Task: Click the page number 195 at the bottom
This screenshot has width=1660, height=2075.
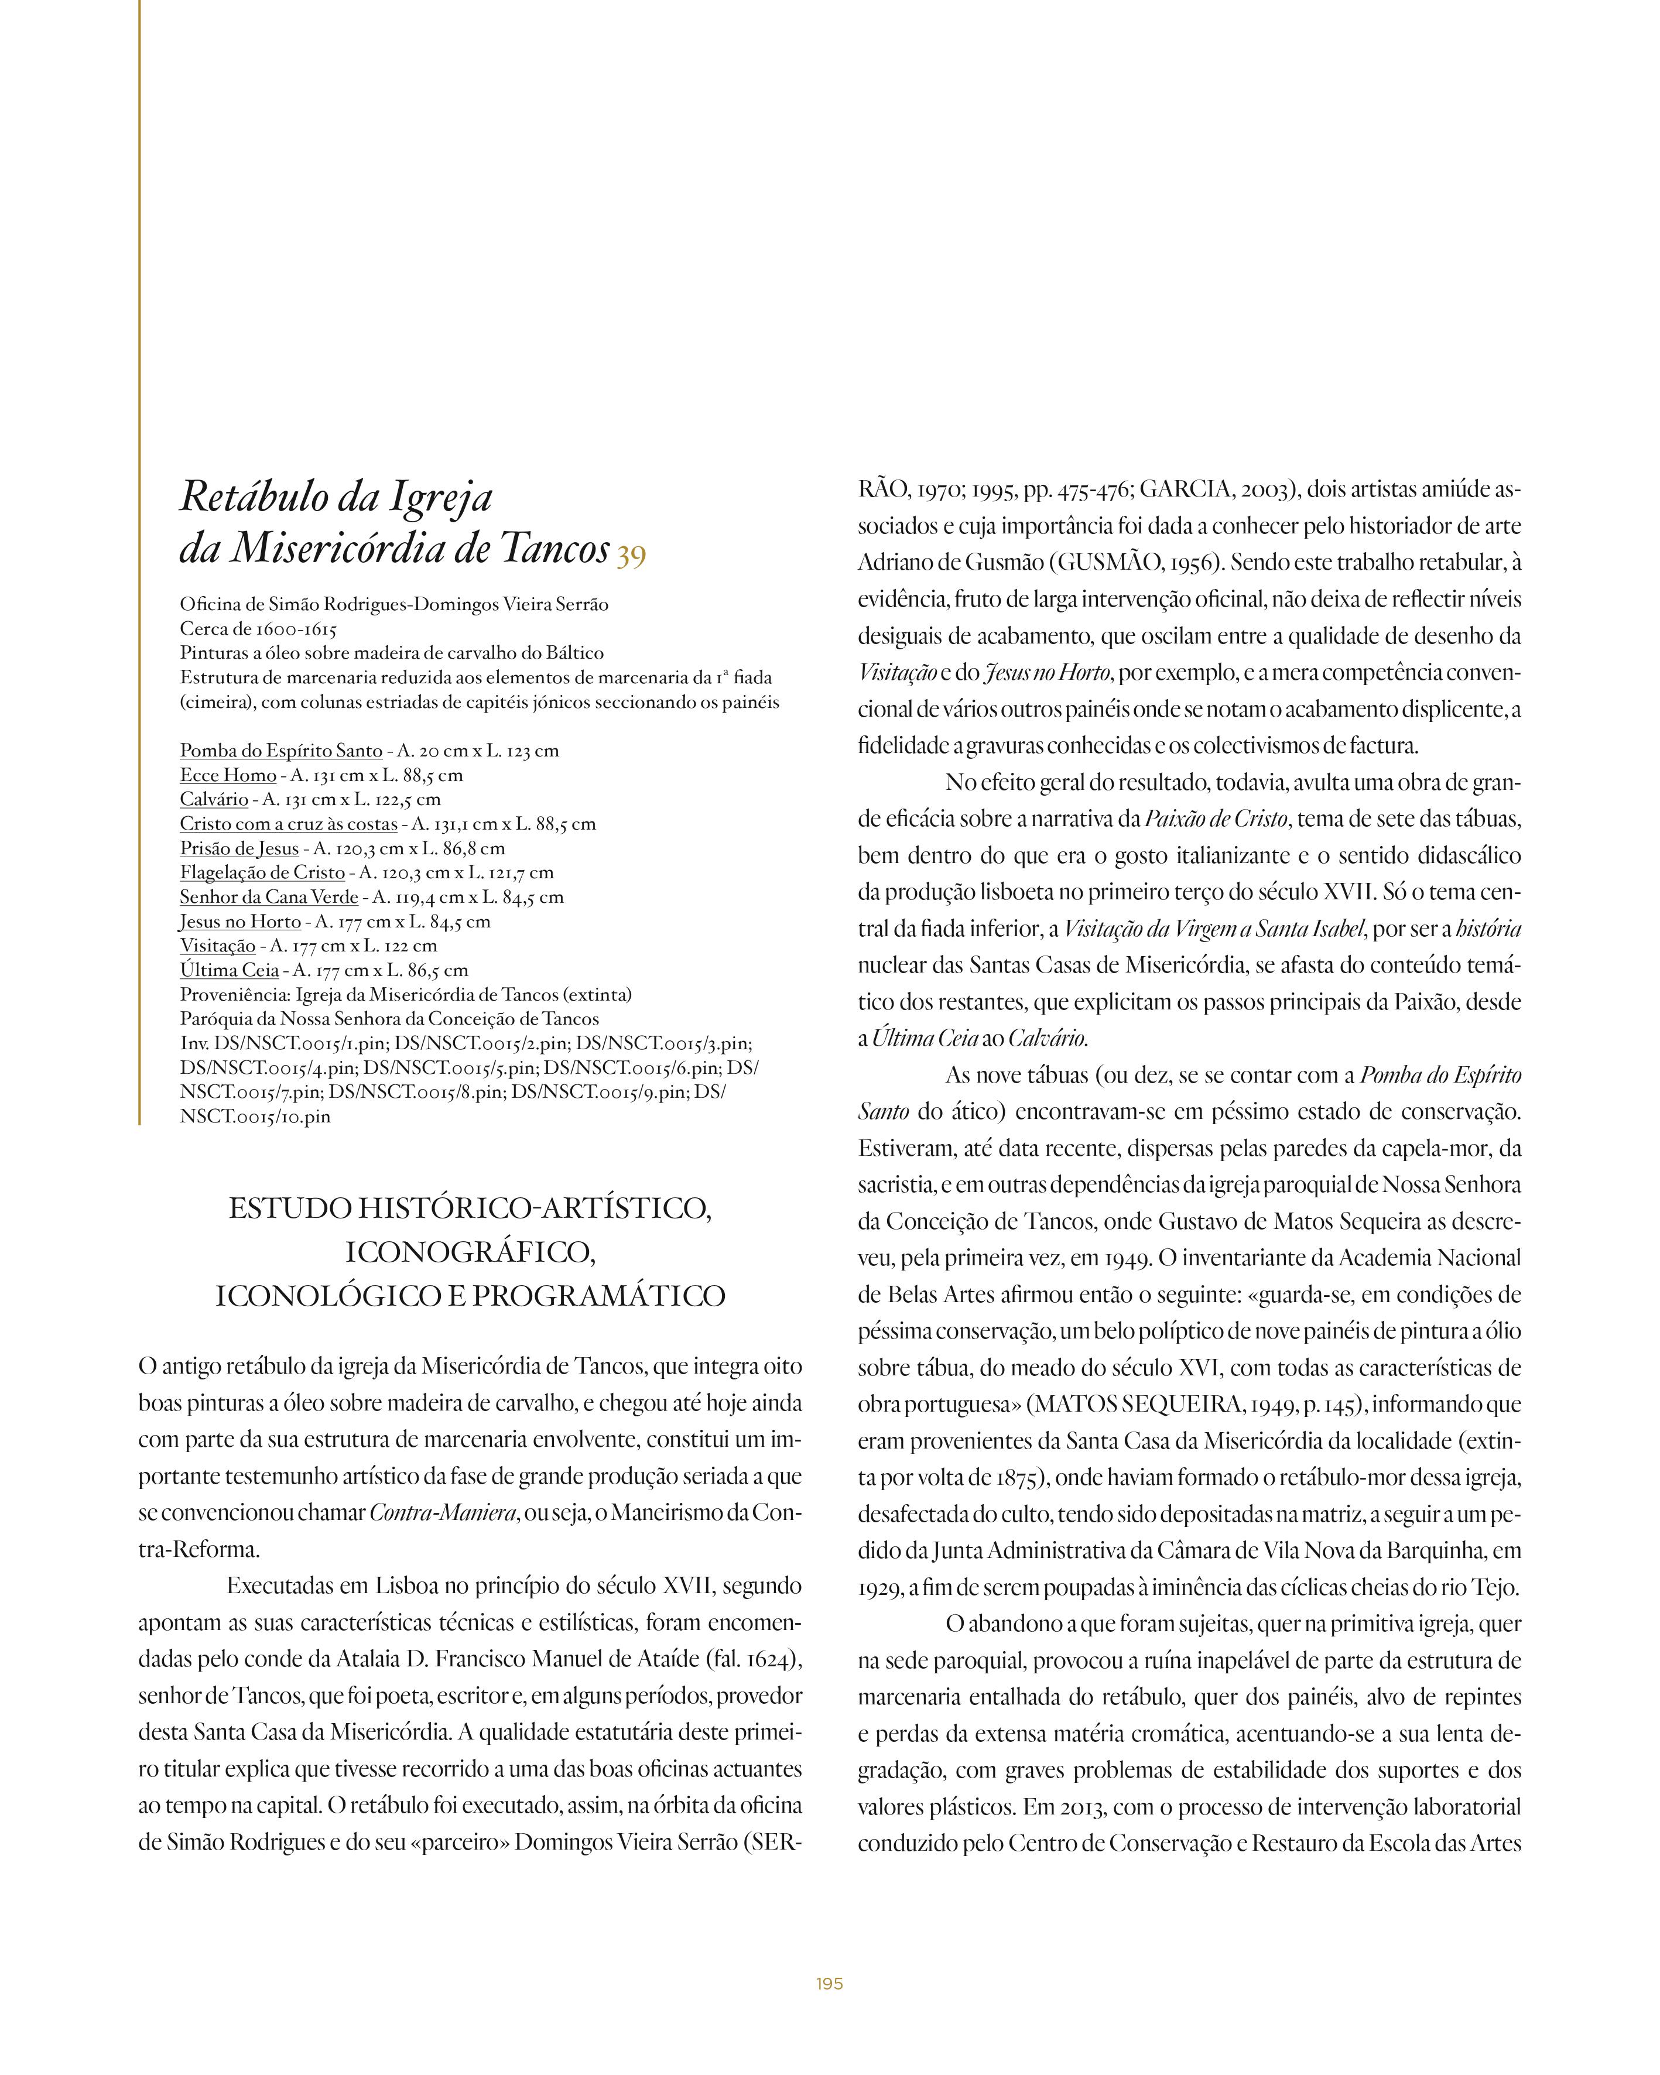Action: coord(830,1984)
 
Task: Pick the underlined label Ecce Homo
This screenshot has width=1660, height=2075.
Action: coord(228,775)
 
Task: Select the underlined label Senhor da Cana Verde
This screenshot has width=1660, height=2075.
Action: coord(269,897)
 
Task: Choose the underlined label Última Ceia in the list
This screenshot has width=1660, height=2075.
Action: coord(229,970)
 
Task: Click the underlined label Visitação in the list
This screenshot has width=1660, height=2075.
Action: coord(217,946)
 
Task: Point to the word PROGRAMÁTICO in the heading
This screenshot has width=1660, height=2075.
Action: coord(598,1296)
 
